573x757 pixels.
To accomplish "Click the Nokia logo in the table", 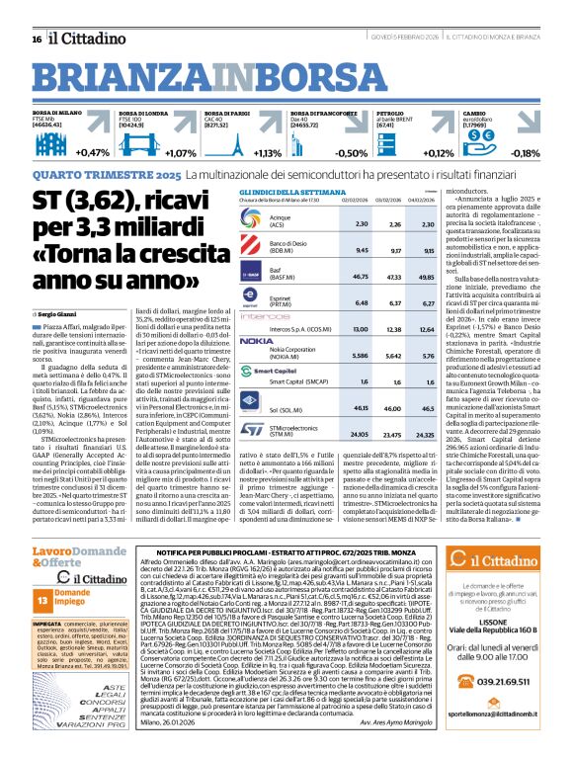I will pos(257,312).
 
